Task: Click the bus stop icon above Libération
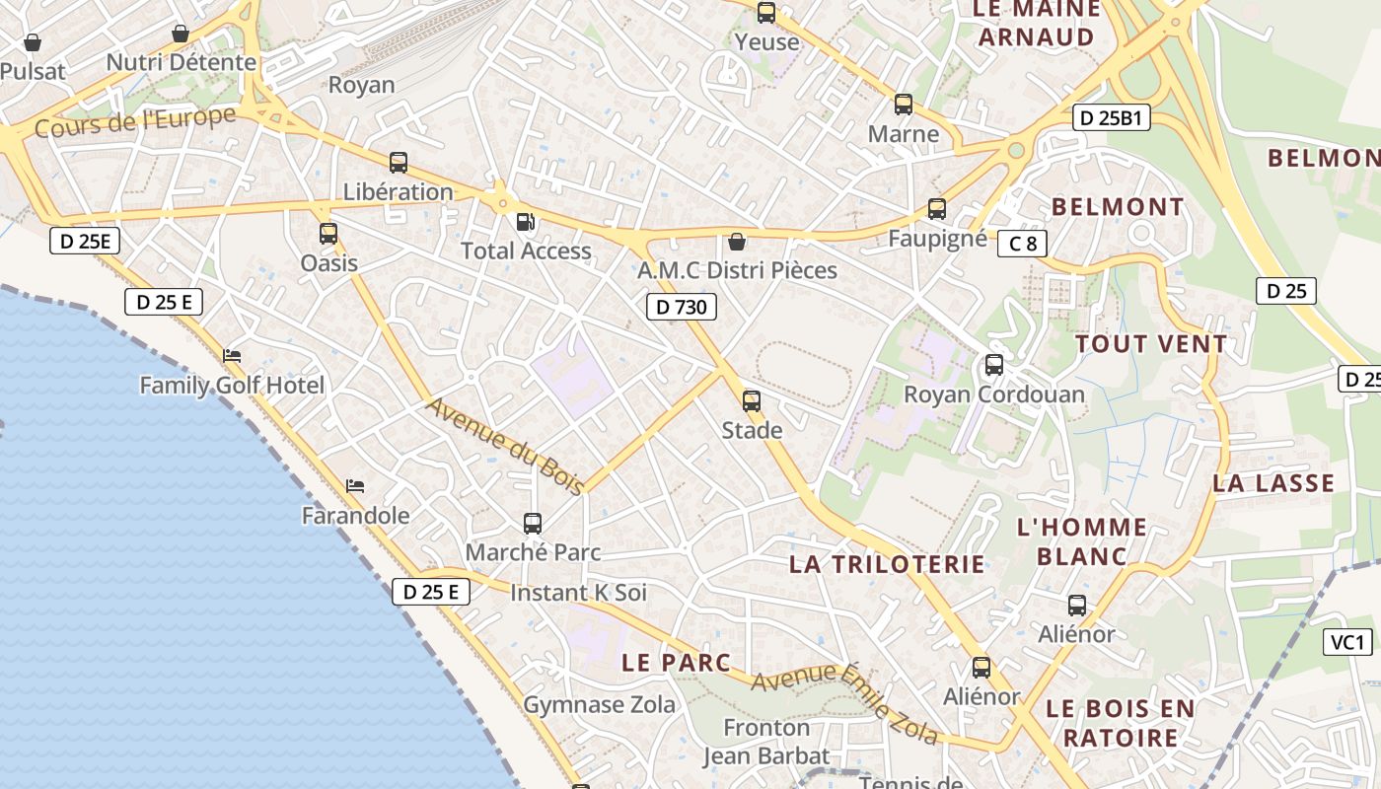399,163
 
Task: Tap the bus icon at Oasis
328,234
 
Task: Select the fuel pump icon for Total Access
527,222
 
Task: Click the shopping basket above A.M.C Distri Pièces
736,242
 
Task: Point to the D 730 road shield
682,307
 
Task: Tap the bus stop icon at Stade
752,401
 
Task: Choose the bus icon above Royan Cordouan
994,365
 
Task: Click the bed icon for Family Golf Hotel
232,356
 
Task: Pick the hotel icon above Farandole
355,486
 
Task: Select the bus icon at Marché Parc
533,524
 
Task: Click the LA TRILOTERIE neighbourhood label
887,564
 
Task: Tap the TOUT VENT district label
1151,344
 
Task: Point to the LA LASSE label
1273,483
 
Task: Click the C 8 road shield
1022,243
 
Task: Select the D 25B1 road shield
1112,118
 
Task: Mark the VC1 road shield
1347,643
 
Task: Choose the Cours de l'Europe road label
135,122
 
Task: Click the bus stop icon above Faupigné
937,209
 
